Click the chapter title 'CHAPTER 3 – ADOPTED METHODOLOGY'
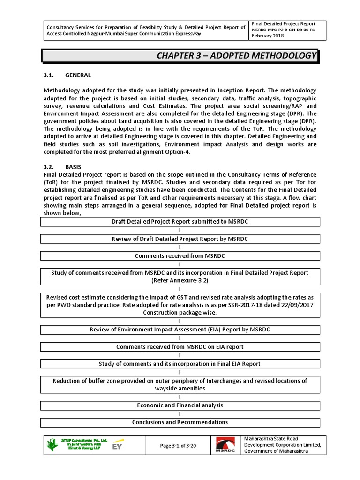[236, 56]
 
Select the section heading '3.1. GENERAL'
[67, 75]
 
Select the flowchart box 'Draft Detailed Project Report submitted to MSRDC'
[180, 222]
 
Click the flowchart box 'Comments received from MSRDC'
[180, 256]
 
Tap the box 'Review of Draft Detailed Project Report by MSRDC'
[180, 239]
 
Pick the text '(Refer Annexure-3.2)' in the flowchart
[180, 280]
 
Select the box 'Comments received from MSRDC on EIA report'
[180, 347]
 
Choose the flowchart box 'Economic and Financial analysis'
[180, 405]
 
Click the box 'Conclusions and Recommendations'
[180, 422]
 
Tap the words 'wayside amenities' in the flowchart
[180, 389]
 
